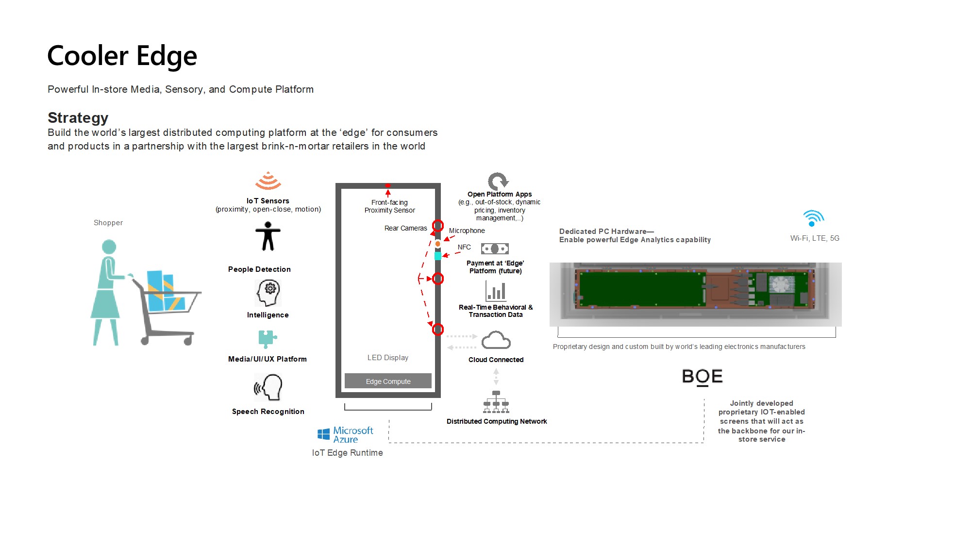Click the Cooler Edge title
122,56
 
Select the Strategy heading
78,118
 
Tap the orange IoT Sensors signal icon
268,181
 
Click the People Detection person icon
268,236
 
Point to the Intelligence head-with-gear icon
268,293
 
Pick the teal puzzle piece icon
267,339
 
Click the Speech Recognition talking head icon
268,387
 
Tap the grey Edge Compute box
388,381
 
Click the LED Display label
387,358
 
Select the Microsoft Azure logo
345,435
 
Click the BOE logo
702,377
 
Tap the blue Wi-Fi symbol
813,218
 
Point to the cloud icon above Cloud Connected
496,340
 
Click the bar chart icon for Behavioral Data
496,291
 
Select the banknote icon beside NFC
495,249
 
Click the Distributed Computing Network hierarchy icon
496,402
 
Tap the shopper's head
109,247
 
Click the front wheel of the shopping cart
188,341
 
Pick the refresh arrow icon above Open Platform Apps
498,182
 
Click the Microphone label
467,231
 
